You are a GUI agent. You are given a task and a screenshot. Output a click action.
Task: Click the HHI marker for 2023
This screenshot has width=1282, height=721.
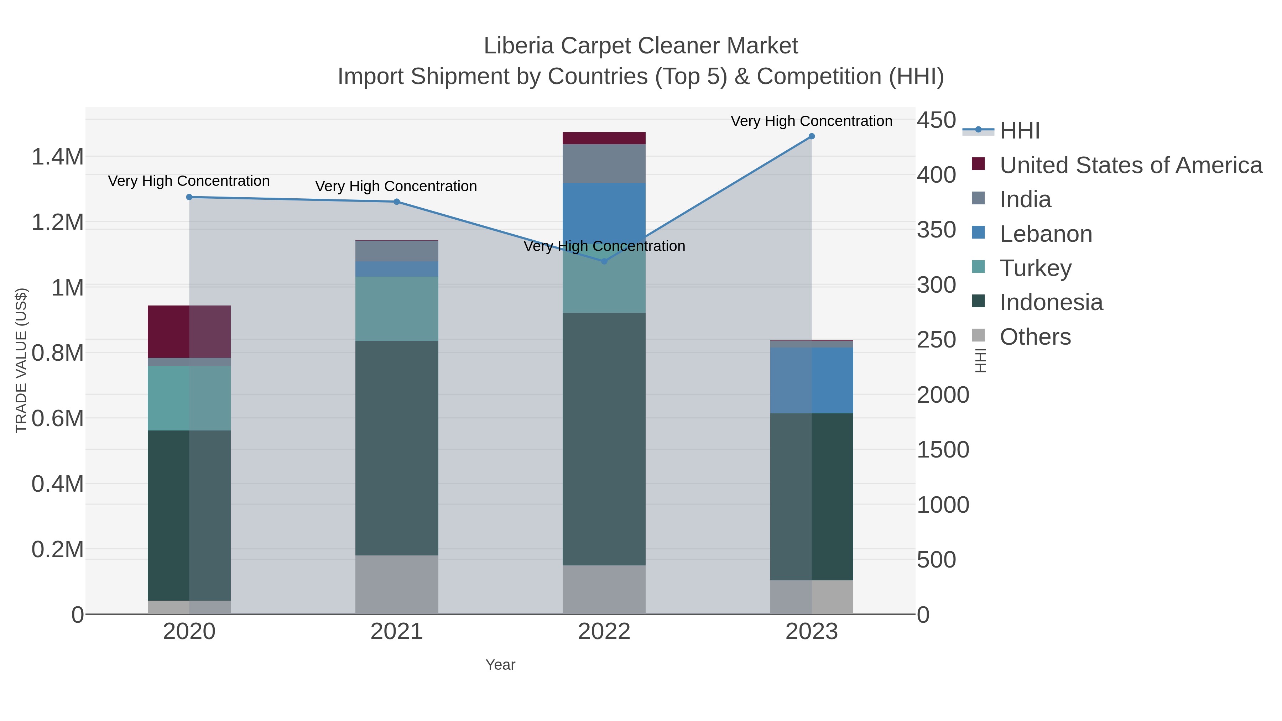pos(811,136)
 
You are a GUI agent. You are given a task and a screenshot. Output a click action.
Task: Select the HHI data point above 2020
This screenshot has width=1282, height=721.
pos(189,197)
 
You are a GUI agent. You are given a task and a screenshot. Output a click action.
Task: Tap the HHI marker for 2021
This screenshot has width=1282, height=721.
pos(397,202)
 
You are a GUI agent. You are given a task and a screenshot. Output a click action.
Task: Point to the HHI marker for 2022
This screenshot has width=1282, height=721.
pos(604,261)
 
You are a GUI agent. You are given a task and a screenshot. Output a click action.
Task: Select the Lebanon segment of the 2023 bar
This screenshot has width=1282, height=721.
pos(811,380)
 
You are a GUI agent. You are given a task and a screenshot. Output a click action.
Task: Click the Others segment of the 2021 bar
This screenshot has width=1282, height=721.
pos(397,585)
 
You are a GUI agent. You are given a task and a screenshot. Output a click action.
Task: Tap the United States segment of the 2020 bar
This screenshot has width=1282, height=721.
pos(189,331)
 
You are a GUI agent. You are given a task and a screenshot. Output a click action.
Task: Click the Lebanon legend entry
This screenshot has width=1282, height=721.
pos(1046,234)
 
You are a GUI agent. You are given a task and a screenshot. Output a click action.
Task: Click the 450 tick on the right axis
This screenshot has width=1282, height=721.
pos(936,120)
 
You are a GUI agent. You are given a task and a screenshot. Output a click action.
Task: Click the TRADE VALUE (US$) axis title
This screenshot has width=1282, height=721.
pos(21,360)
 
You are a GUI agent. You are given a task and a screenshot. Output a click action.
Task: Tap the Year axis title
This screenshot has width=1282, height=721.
pos(500,665)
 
